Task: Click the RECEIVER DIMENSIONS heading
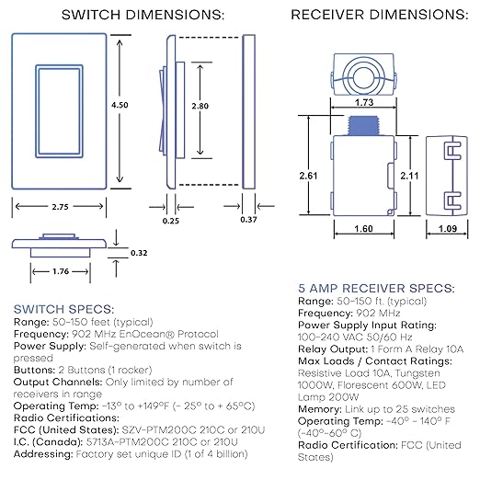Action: tap(378, 16)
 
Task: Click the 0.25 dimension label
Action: tap(171, 220)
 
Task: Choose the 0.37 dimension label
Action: tap(249, 220)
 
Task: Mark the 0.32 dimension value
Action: tap(139, 252)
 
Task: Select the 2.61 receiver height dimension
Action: tap(310, 175)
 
